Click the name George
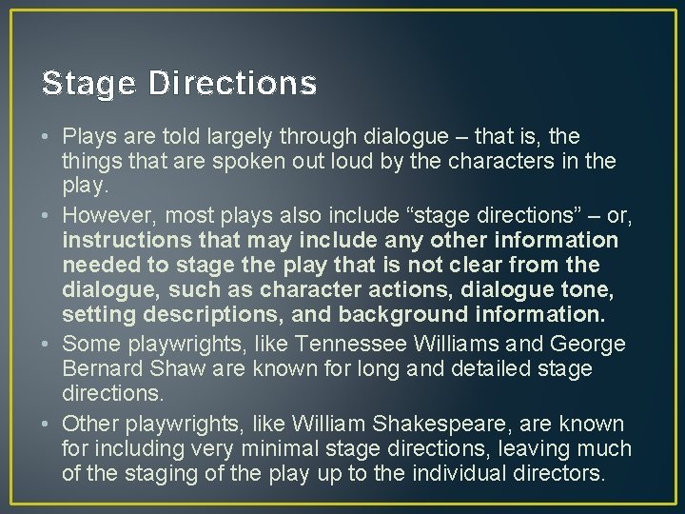pos(587,344)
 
